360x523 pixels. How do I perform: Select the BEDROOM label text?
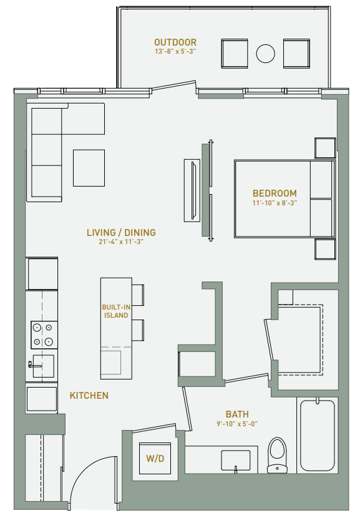(x=275, y=193)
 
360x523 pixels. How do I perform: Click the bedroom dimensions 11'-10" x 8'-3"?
(x=275, y=203)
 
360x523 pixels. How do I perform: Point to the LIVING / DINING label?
(x=121, y=233)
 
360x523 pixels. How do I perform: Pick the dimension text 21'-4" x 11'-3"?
(x=121, y=242)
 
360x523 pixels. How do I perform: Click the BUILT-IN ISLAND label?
(x=115, y=311)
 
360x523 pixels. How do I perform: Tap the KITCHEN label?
(x=89, y=396)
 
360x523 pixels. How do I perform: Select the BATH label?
(x=237, y=414)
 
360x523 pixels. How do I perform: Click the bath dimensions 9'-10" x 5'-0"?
(x=237, y=424)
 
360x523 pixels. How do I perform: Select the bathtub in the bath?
(x=318, y=435)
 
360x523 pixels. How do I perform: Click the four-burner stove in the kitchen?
(x=42, y=334)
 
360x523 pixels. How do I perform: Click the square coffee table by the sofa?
(x=89, y=168)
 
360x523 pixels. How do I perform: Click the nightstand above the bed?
(x=325, y=148)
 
